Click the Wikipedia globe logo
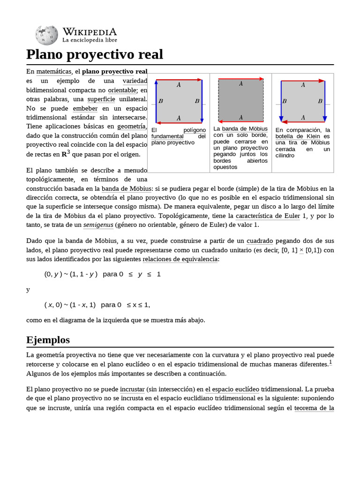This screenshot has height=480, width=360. point(46,35)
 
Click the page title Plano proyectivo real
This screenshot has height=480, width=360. point(95,54)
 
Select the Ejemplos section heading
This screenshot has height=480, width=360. point(48,339)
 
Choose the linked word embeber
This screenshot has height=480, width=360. point(85,108)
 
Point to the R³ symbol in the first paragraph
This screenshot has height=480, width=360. point(66,153)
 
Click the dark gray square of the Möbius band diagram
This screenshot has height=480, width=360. point(241,100)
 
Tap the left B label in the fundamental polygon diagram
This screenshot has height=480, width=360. point(161,101)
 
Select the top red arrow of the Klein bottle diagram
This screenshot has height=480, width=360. point(303,81)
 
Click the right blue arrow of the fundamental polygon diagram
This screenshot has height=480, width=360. point(202,101)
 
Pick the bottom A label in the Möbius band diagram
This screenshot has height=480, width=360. point(241,117)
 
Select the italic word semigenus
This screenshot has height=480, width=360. point(96,225)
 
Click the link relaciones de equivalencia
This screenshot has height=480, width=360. point(180,259)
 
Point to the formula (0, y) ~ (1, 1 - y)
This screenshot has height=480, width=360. point(71,274)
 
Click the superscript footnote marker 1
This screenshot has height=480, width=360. point(330,362)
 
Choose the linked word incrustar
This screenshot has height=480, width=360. point(132,389)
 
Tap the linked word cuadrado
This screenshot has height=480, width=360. point(260,241)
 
